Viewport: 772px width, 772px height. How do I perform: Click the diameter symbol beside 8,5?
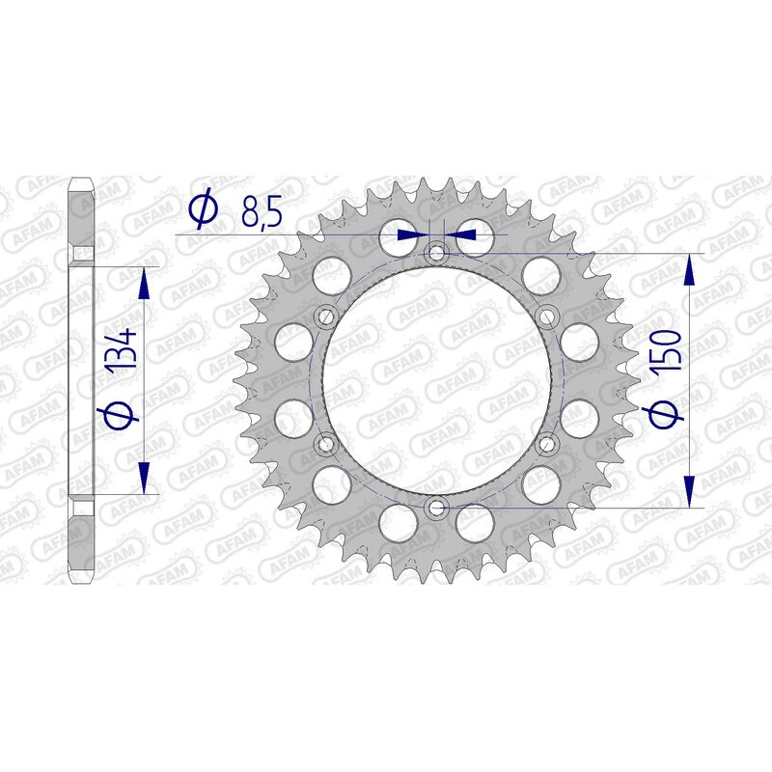point(205,209)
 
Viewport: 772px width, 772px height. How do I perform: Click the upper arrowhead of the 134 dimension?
point(144,283)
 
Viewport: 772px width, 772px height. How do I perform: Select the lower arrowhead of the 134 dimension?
point(144,478)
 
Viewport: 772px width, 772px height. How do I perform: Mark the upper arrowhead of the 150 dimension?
point(690,270)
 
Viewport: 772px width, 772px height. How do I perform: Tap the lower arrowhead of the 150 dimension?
point(690,490)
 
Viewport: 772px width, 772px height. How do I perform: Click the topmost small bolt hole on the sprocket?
point(436,253)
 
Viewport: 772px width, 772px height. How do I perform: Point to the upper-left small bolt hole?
point(325,317)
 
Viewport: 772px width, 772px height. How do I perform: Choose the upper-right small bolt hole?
point(547,317)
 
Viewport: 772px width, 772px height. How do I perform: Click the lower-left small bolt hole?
point(325,443)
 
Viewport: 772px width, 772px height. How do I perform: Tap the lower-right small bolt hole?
point(547,443)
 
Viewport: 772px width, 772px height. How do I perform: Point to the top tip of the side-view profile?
point(81,179)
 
